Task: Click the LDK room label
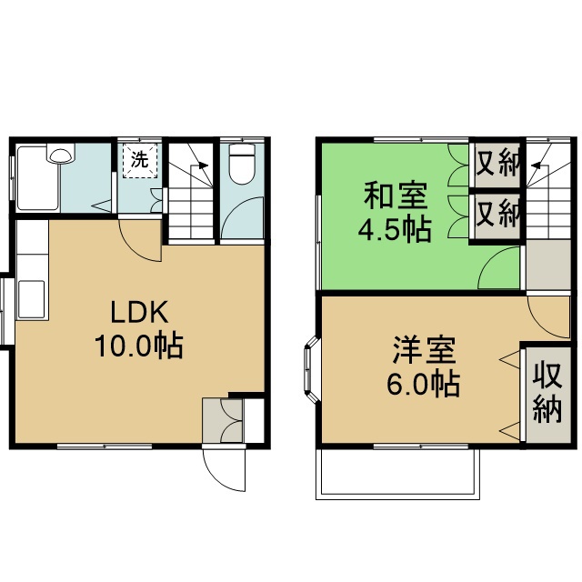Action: point(138,314)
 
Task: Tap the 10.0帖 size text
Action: point(138,346)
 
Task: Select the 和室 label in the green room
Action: point(393,196)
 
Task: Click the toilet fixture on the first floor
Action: point(243,164)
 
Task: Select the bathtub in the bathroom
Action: point(37,177)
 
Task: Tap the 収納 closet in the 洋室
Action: point(547,392)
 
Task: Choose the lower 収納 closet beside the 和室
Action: point(497,216)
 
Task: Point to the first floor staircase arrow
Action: point(203,166)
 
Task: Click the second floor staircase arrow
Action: point(537,166)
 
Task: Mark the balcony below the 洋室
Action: point(396,473)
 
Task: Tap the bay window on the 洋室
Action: point(309,370)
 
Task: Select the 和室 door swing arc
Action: point(500,270)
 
